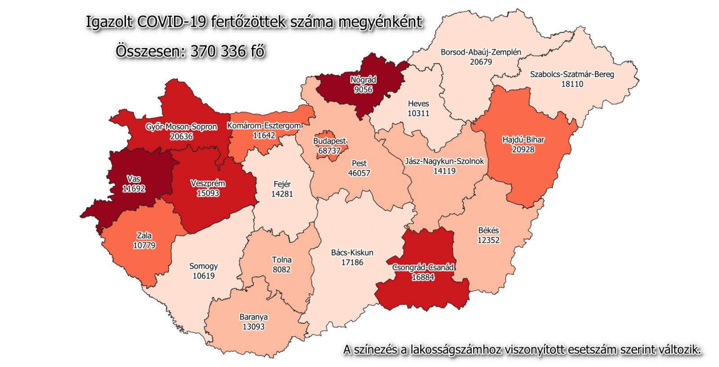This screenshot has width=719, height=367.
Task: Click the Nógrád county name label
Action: click(363, 80)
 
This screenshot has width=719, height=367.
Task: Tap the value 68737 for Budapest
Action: click(329, 151)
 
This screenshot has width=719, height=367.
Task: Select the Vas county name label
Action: click(133, 179)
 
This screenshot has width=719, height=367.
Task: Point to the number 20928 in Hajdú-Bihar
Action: click(523, 149)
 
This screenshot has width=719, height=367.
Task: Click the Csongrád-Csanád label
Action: click(423, 268)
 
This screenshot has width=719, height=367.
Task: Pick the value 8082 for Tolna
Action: click(282, 269)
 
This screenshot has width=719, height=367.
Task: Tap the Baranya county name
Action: click(253, 317)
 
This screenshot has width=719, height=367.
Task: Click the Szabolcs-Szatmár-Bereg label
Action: click(572, 74)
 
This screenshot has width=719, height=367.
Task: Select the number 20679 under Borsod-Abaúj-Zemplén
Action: click(481, 62)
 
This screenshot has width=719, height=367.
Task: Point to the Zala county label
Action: click(144, 236)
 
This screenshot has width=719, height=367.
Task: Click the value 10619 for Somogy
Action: click(204, 276)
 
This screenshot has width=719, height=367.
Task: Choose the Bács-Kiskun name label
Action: click(352, 253)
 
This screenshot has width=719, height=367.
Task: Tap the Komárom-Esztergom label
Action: click(264, 125)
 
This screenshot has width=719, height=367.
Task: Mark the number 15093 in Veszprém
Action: click(208, 193)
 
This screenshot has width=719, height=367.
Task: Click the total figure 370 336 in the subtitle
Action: click(218, 51)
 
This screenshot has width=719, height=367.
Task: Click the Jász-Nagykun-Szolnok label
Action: click(444, 161)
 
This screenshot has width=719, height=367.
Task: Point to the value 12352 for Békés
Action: click(488, 240)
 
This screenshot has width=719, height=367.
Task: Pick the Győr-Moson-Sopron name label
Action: click(181, 127)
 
